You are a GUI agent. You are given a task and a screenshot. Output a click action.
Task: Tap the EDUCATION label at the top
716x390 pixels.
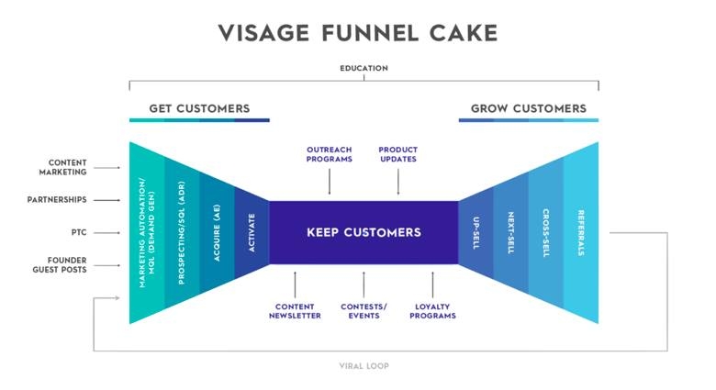point(364,68)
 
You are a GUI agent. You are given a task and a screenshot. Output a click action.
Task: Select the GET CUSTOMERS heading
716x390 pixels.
point(200,108)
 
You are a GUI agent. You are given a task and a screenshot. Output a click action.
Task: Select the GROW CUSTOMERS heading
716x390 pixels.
point(528,108)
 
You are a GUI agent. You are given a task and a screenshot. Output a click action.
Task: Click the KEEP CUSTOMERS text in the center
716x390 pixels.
point(364,232)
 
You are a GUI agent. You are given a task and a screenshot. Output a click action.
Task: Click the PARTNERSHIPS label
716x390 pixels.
point(57,199)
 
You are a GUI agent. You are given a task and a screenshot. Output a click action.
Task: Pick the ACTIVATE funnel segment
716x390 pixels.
point(252,232)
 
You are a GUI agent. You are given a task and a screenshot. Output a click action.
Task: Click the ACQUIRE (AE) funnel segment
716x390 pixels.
point(217,232)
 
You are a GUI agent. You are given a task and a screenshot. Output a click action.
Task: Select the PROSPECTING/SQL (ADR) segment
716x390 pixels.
point(182,232)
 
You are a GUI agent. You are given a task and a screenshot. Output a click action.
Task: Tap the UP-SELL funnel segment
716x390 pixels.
point(475,232)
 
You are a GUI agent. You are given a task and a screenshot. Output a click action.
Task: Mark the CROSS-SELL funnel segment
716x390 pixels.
point(545,232)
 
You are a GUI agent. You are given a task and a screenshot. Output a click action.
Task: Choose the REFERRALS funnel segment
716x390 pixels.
point(581,232)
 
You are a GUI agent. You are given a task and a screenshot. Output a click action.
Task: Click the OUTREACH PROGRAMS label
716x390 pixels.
point(329,154)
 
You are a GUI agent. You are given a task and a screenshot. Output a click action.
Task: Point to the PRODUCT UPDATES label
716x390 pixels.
point(397,154)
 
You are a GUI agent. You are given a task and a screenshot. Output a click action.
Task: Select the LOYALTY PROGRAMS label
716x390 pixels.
point(434,311)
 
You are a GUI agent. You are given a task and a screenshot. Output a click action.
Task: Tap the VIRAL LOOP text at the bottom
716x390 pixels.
point(364,365)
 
